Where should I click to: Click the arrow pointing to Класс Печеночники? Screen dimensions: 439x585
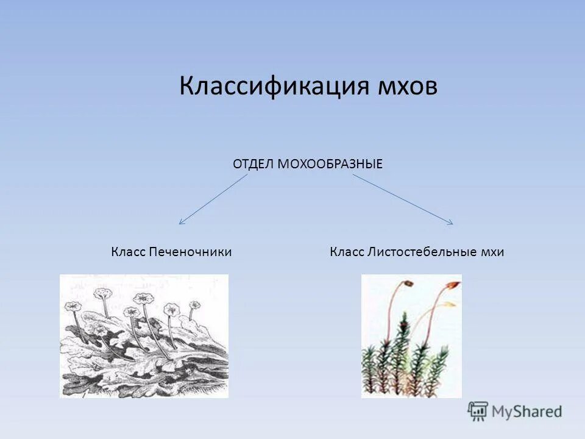213,199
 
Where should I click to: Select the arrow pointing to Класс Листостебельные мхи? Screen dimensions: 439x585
402,199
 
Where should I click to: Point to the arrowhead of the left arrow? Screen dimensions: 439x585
181,223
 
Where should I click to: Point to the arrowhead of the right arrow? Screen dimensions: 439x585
450,223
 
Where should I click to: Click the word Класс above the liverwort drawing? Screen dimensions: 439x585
128,252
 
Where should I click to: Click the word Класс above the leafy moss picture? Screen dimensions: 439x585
347,252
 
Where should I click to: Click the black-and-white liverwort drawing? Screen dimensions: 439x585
144,336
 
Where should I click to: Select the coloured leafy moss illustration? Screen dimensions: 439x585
411,336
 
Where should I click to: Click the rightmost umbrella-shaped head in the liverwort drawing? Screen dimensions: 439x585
194,304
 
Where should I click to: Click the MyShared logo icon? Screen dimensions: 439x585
478,412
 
